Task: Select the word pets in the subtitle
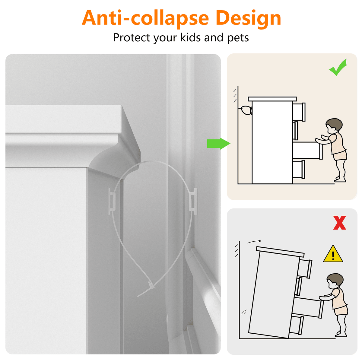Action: [238, 38]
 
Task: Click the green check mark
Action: [338, 68]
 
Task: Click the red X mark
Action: [339, 223]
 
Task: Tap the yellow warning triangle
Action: [333, 254]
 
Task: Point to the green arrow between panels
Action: [218, 144]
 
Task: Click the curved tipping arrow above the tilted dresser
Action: [254, 242]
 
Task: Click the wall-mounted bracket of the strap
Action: [193, 202]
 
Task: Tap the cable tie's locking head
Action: [151, 286]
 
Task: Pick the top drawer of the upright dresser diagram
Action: [299, 112]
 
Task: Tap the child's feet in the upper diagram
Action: [340, 180]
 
